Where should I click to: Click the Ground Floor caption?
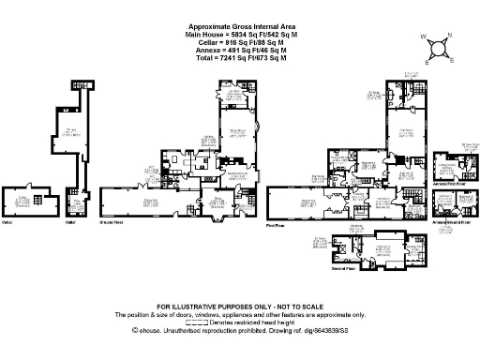[111, 223]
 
